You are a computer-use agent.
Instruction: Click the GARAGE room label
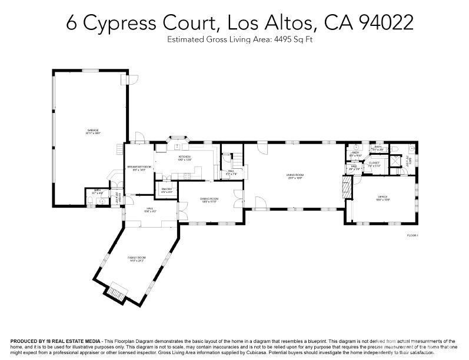[93, 131]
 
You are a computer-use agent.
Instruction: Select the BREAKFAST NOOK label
[138, 168]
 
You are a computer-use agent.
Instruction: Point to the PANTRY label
[167, 189]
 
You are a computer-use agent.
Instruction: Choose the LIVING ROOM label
[295, 175]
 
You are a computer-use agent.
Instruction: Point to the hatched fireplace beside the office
[346, 188]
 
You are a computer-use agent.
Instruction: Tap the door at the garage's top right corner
[132, 79]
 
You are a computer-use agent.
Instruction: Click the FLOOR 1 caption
[412, 235]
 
